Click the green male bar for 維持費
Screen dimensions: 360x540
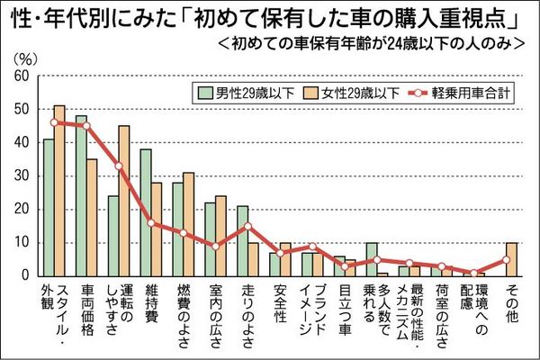point(146,212)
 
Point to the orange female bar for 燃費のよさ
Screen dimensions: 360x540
point(188,224)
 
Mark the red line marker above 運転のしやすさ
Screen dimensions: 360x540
point(119,166)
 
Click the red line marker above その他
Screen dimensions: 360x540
point(507,259)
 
